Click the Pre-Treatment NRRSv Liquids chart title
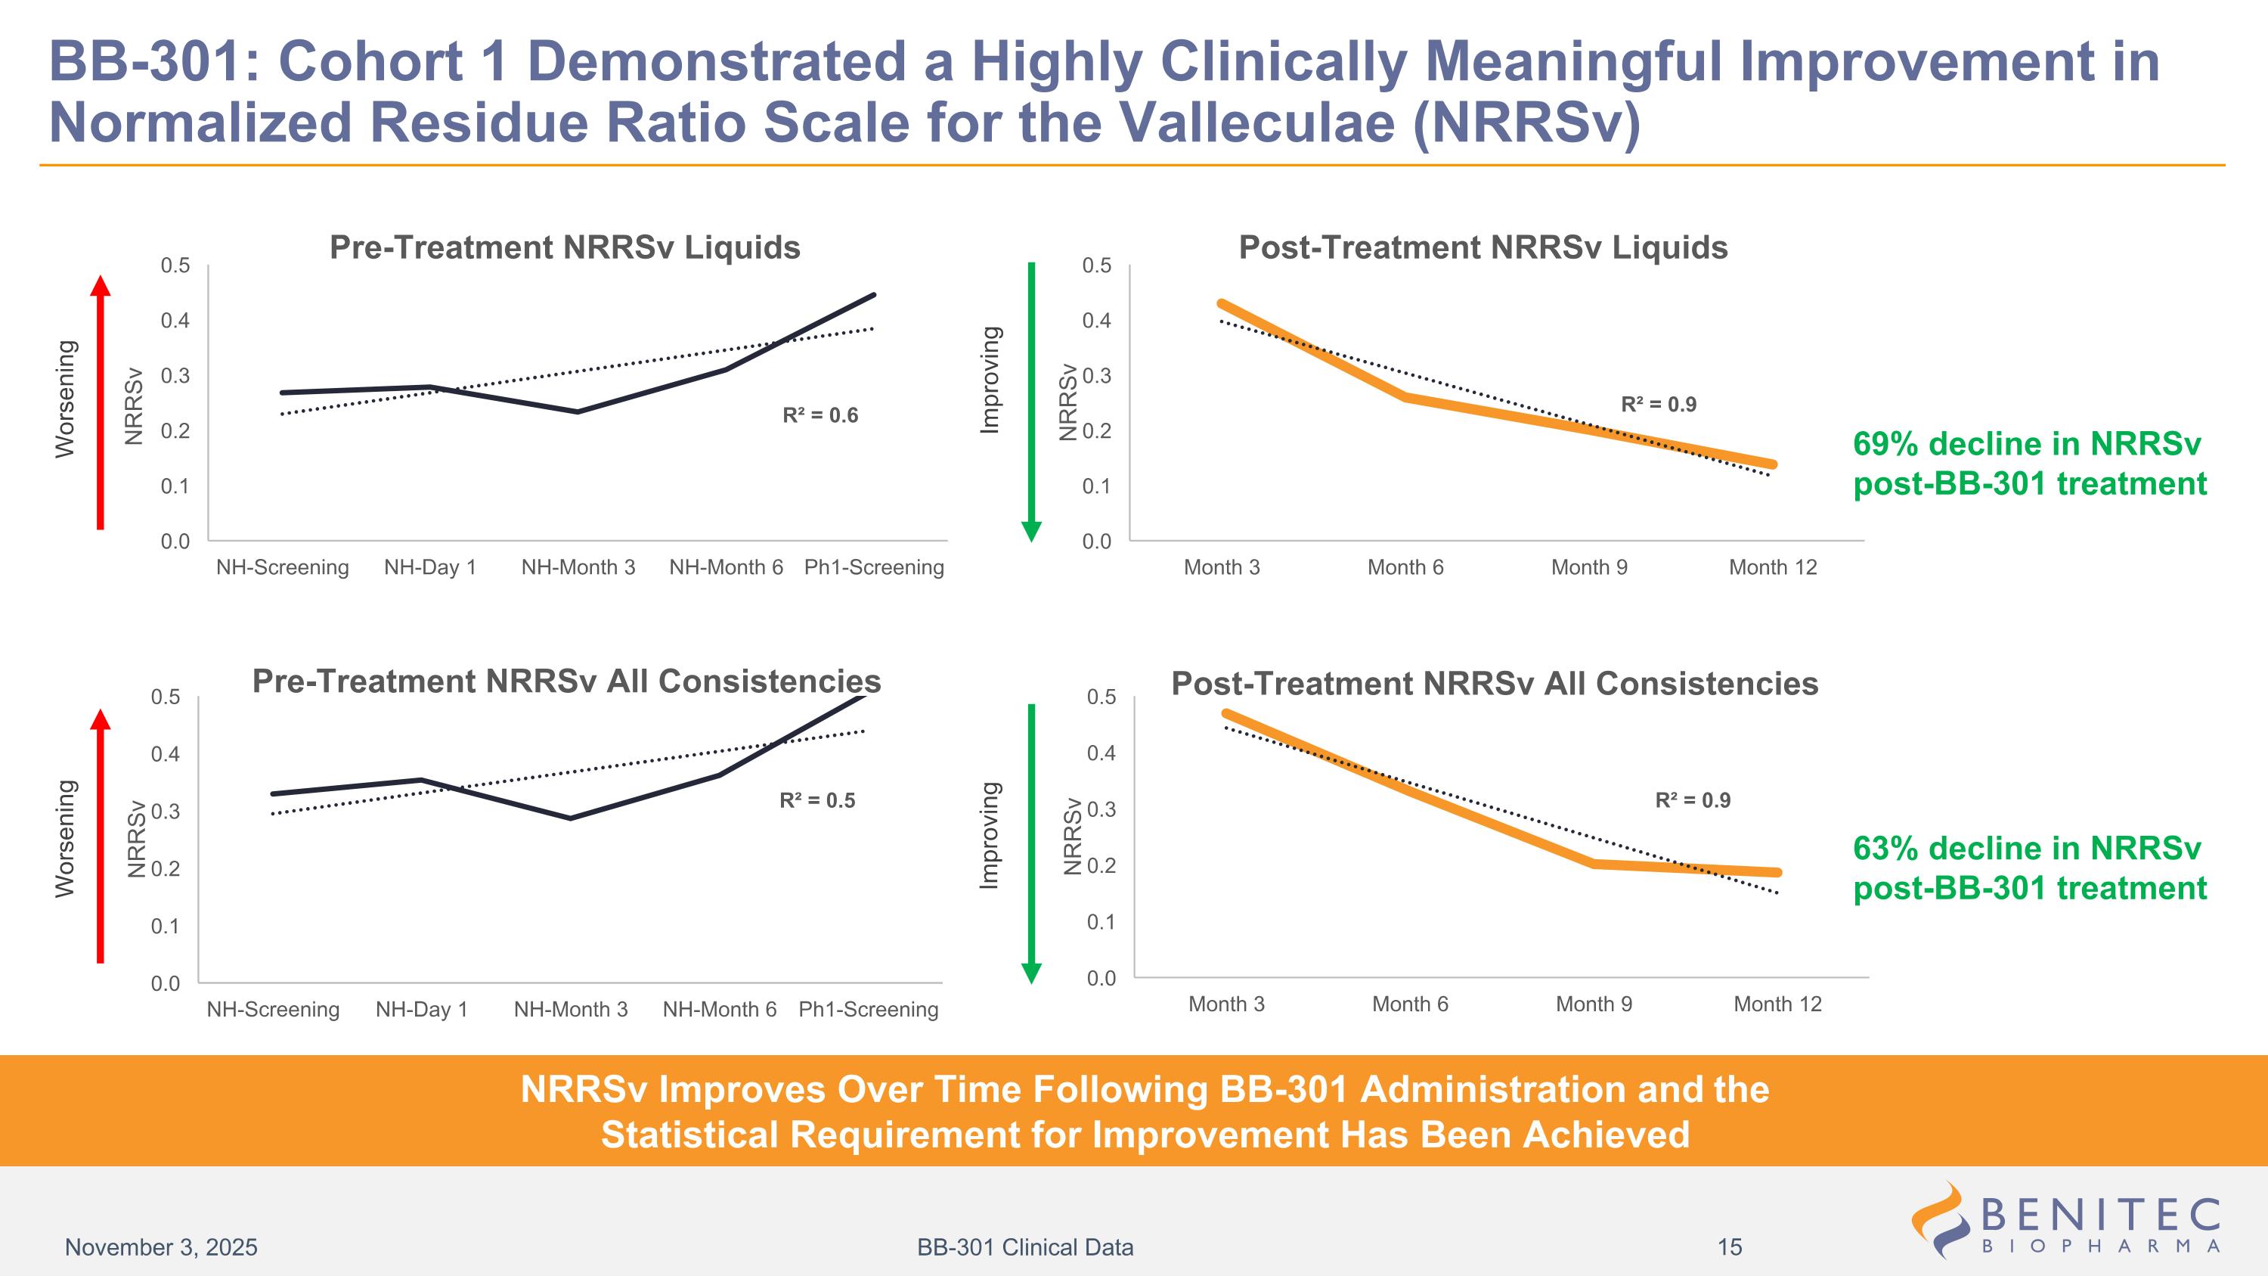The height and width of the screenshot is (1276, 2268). tap(565, 247)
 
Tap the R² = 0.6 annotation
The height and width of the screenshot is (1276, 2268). tap(820, 414)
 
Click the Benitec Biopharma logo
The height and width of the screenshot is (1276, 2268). tap(2065, 1219)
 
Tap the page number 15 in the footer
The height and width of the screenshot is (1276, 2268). tap(1729, 1247)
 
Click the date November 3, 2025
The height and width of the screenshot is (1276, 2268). tap(161, 1247)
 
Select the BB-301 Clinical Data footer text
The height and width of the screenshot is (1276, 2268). tap(1025, 1247)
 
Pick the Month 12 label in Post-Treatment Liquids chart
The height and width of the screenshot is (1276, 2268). tap(1772, 567)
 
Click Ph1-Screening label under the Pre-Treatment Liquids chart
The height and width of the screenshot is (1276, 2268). tap(873, 567)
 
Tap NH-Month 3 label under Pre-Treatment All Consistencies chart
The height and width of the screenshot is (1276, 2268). tap(571, 1009)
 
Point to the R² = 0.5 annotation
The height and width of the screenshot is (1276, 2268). tap(817, 800)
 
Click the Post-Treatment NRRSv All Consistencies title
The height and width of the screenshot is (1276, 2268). tap(1494, 683)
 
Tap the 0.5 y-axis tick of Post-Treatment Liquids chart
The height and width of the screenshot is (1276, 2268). tap(1097, 265)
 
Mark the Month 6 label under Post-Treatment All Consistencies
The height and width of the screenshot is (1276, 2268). tap(1410, 1004)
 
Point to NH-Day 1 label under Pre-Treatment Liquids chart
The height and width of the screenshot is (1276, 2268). tap(429, 567)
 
